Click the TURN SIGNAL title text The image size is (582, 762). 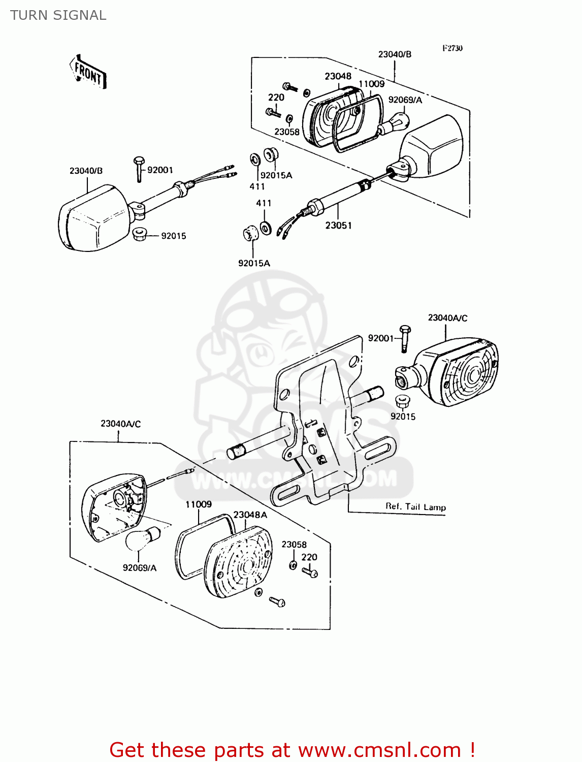pyautogui.click(x=58, y=15)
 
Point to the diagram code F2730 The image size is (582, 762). pyautogui.click(x=452, y=48)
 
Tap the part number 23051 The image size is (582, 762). pyautogui.click(x=338, y=225)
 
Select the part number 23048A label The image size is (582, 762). pyautogui.click(x=250, y=515)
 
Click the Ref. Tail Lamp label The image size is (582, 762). pyautogui.click(x=415, y=506)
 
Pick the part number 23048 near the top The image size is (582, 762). pyautogui.click(x=338, y=76)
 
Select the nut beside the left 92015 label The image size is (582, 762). pyautogui.click(x=139, y=235)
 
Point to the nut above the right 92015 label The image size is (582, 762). pyautogui.click(x=403, y=401)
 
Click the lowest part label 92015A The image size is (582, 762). pyautogui.click(x=254, y=263)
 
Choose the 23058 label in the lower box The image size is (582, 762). pyautogui.click(x=294, y=545)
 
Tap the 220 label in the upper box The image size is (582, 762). pyautogui.click(x=276, y=98)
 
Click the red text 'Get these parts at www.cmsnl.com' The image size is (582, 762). pyautogui.click(x=292, y=750)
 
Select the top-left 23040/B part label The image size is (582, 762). pyautogui.click(x=86, y=171)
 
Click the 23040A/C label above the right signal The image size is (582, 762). pyautogui.click(x=447, y=318)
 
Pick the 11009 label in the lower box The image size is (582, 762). pyautogui.click(x=198, y=504)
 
